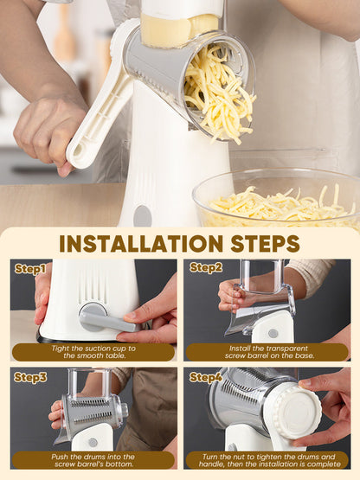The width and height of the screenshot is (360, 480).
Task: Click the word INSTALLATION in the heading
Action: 141,244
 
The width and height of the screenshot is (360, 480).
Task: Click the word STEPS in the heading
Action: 265,244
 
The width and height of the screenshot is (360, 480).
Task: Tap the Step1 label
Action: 30,269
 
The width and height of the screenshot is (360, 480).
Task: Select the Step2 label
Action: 206,267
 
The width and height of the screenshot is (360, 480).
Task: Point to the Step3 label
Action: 30,377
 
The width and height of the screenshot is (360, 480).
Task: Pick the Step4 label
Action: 206,377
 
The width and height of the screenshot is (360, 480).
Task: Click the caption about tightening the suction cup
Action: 93,352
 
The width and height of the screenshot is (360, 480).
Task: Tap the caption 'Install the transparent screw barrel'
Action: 269,352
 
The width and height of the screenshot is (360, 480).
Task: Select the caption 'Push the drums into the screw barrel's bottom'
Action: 93,460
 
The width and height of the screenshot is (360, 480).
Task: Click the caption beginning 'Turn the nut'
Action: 269,460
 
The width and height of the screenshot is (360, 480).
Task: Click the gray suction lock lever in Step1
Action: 106,319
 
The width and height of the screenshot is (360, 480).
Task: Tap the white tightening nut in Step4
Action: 296,412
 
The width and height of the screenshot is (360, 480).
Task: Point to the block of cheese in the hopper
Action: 179,30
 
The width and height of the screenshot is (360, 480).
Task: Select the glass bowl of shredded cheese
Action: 277,198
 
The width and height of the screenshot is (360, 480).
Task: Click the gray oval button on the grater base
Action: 143,216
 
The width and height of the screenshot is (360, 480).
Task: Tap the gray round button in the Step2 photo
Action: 273,333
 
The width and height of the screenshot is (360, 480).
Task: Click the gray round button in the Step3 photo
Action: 93,442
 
